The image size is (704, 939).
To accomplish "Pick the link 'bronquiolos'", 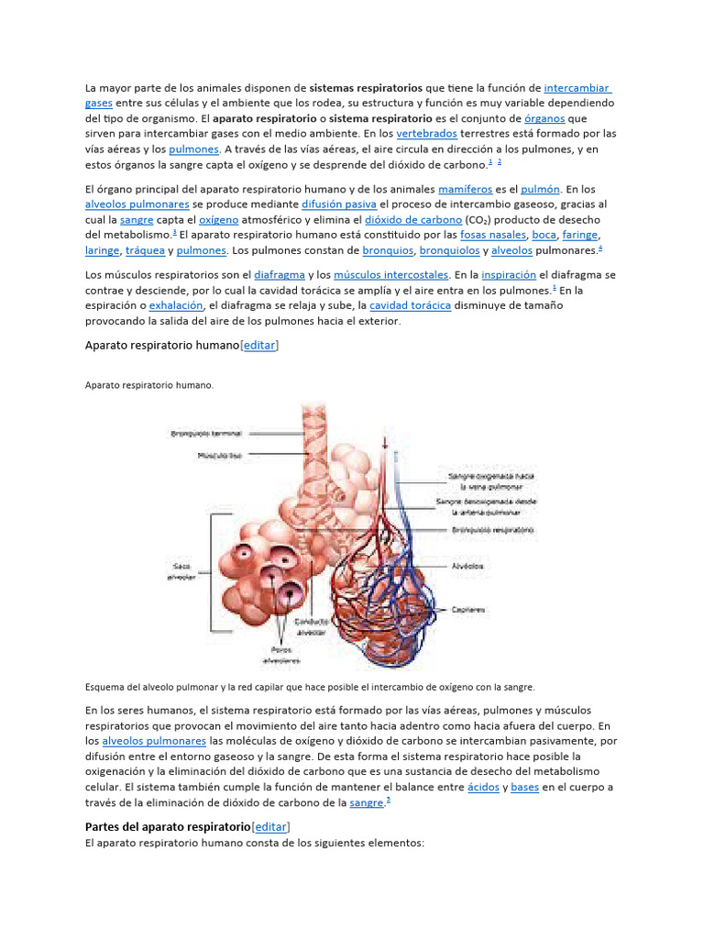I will (x=452, y=250).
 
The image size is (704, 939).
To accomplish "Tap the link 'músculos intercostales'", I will (x=390, y=274).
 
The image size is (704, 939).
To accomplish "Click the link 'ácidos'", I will (x=482, y=788).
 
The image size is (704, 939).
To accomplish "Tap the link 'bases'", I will (x=524, y=788).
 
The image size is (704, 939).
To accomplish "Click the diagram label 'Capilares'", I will (x=467, y=608).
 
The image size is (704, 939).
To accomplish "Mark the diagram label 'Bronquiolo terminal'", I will (x=205, y=433).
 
